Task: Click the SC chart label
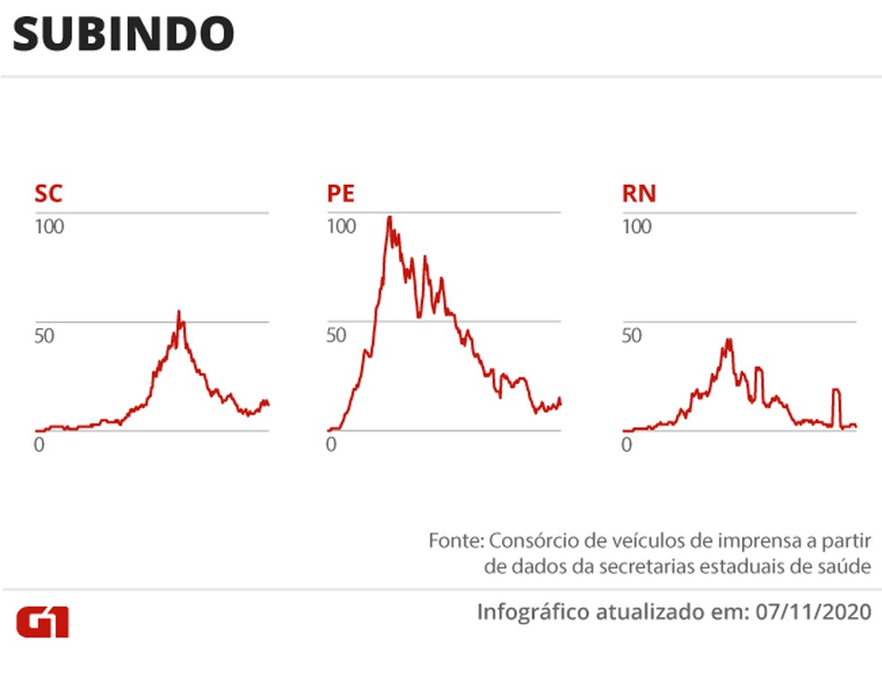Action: coord(48,194)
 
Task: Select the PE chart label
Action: coord(342,194)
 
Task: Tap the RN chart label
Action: coord(638,194)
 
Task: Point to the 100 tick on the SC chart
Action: coord(49,227)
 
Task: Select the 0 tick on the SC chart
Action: coord(39,444)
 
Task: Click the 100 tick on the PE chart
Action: coord(342,227)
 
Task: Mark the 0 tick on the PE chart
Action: coord(332,444)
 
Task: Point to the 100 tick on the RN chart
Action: coord(636,227)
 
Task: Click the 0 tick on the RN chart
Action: coord(627,444)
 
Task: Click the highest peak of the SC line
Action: coord(178,313)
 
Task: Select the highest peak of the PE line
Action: coord(389,217)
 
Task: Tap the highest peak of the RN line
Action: coord(730,340)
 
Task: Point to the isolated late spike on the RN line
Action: coord(836,391)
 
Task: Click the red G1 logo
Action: coord(42,621)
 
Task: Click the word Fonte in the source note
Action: coord(456,541)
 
